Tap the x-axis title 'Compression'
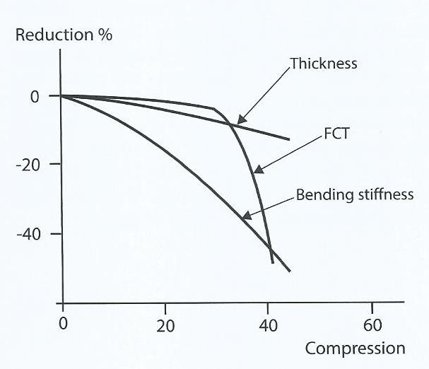[355, 348]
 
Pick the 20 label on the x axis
[165, 326]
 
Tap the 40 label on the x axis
[269, 326]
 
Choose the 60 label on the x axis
[372, 326]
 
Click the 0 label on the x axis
[62, 326]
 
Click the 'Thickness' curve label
[324, 64]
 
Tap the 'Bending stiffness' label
[355, 194]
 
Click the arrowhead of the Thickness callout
[240, 121]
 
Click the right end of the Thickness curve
[290, 139]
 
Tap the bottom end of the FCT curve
[273, 263]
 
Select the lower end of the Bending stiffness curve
[290, 271]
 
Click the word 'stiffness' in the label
[384, 194]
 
